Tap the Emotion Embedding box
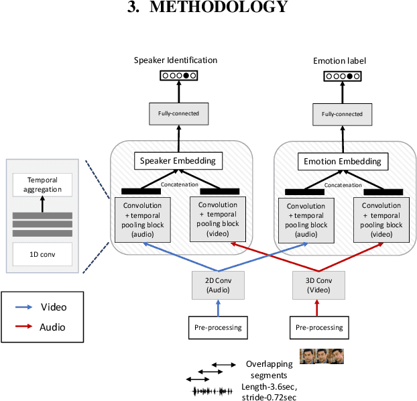(343, 161)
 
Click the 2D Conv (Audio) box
(218, 286)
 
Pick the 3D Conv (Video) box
(318, 286)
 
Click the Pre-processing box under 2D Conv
(218, 328)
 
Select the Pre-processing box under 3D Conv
(318, 328)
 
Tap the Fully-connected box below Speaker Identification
(178, 113)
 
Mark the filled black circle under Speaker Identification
(186, 76)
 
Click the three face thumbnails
(321, 355)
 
